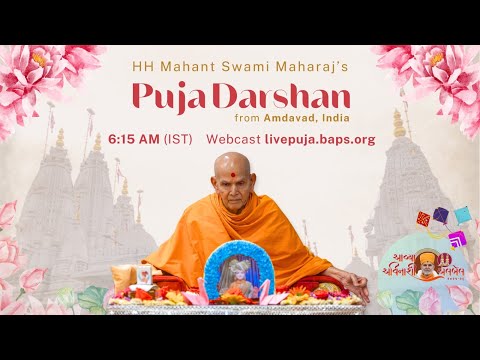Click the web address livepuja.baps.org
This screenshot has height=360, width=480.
320,139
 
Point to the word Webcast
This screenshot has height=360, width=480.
233,139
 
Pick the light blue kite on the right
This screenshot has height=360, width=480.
461,213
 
